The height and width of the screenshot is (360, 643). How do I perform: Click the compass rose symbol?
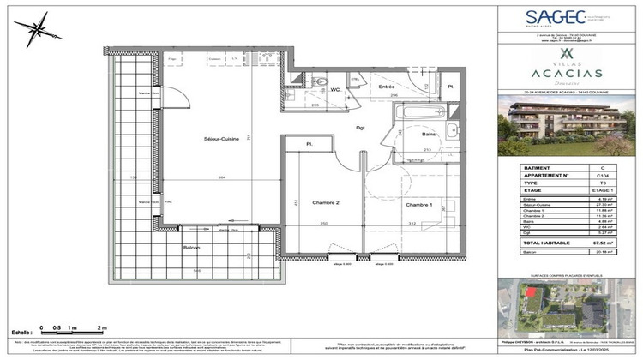tap(37, 33)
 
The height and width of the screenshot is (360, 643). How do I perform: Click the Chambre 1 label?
tap(418, 204)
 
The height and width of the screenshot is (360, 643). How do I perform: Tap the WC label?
tap(337, 88)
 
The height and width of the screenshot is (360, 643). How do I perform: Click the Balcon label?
tap(191, 248)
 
